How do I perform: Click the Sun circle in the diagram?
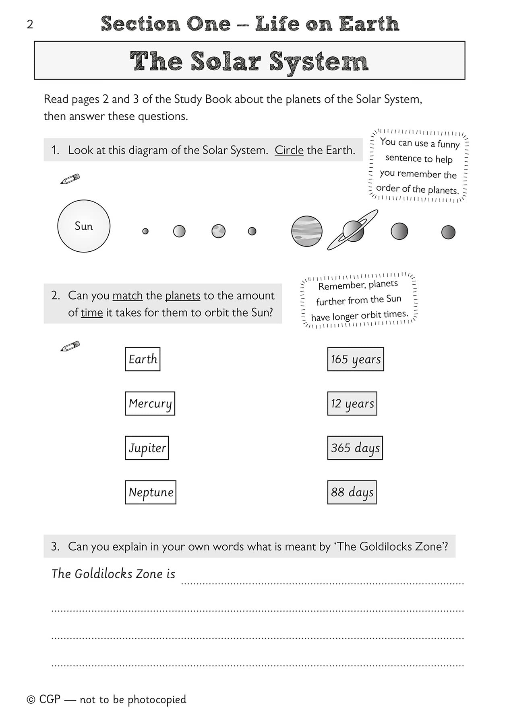click(x=84, y=226)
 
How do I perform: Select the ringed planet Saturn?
click(x=353, y=231)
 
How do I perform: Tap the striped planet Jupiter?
click(x=306, y=231)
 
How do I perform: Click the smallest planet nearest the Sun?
click(x=145, y=231)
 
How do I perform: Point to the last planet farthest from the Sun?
click(x=448, y=232)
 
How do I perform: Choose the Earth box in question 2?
click(x=143, y=359)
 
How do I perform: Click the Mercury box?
click(x=150, y=403)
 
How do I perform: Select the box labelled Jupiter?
click(x=147, y=448)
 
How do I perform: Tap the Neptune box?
click(x=151, y=492)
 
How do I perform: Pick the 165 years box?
click(x=355, y=359)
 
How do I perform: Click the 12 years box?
click(x=352, y=403)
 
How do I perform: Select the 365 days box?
click(x=355, y=448)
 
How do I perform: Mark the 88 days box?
click(x=352, y=492)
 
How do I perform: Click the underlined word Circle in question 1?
click(x=289, y=150)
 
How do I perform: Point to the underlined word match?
click(x=127, y=296)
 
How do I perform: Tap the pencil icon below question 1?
click(x=70, y=179)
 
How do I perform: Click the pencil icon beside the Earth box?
click(x=70, y=346)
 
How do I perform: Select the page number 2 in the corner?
click(x=30, y=25)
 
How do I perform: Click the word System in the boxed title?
click(x=319, y=62)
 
